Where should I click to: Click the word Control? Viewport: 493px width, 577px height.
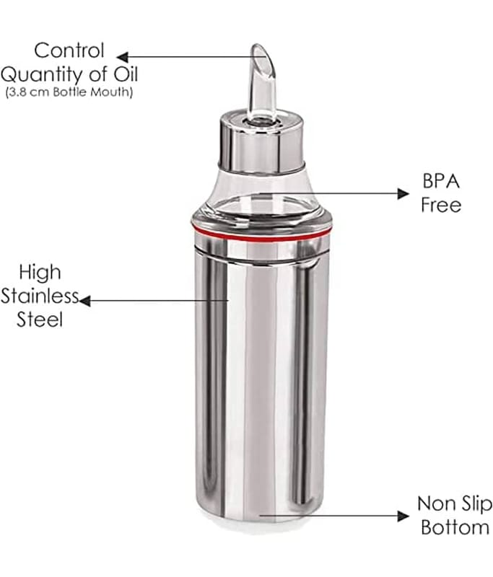[x=69, y=50]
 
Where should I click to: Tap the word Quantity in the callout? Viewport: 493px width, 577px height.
[x=42, y=75]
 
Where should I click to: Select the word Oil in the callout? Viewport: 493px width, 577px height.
[x=125, y=74]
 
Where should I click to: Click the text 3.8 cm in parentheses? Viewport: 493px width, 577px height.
[x=28, y=92]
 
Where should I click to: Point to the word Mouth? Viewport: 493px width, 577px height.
[x=111, y=92]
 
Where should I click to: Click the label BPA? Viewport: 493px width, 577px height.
[x=441, y=181]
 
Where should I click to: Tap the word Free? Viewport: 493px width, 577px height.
[x=441, y=205]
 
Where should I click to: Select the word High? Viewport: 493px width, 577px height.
[x=40, y=273]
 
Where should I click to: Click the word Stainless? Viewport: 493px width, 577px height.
[x=40, y=296]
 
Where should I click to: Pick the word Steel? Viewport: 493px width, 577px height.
[x=40, y=320]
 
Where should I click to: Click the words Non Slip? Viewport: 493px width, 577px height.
[x=455, y=503]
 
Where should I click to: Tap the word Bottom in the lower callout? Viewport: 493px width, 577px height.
[x=455, y=527]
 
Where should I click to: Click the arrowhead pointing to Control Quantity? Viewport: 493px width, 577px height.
[x=122, y=57]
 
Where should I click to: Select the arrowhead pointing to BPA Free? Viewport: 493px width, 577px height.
[x=403, y=193]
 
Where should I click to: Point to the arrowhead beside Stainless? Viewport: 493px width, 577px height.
[x=85, y=301]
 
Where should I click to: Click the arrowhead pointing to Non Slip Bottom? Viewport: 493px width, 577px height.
[x=403, y=516]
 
